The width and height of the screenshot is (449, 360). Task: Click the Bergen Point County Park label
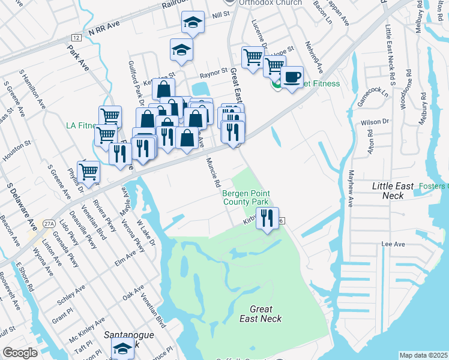[x=246, y=198]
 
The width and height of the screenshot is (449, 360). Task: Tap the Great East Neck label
[x=261, y=313]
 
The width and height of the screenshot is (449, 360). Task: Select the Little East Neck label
[x=393, y=191]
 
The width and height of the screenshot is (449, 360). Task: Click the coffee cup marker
[x=292, y=78]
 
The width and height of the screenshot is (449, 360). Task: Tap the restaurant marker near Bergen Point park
[x=268, y=218]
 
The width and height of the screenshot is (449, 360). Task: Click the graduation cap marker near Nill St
[x=193, y=23]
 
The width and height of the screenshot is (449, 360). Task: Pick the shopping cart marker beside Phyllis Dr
[x=88, y=172]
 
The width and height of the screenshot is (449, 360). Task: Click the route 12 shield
[x=74, y=38]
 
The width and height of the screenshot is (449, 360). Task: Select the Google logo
[x=20, y=352]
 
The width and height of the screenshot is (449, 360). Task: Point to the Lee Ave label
[x=394, y=244]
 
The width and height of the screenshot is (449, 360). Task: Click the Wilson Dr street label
[x=375, y=122]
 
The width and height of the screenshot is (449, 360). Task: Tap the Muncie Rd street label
[x=213, y=173]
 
